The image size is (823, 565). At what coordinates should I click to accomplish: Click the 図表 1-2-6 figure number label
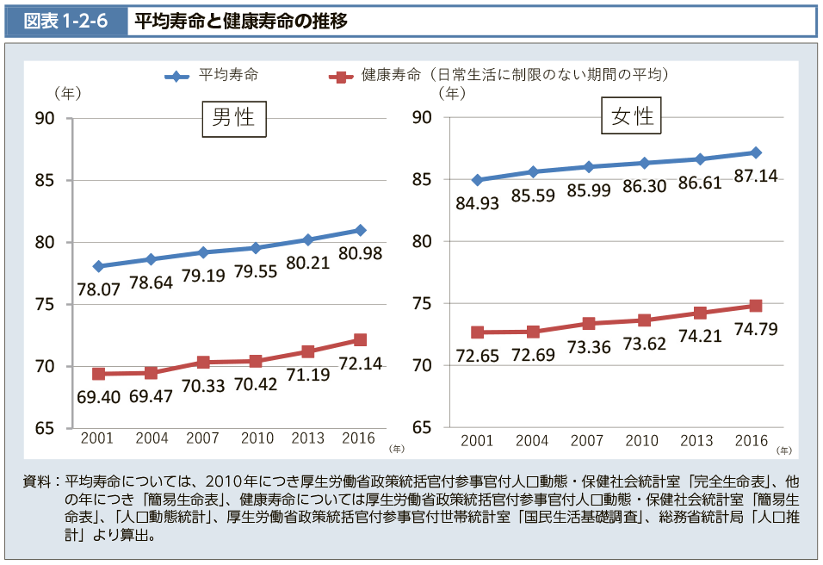(x=65, y=21)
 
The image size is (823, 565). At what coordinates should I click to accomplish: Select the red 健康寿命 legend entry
(x=499, y=76)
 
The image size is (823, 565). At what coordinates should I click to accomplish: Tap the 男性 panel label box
(x=233, y=118)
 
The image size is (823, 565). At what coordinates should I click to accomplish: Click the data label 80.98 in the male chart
(x=362, y=254)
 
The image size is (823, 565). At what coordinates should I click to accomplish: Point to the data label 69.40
(x=100, y=399)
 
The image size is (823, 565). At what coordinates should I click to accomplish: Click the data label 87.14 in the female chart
(x=755, y=176)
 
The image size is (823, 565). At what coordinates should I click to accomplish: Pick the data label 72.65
(x=479, y=356)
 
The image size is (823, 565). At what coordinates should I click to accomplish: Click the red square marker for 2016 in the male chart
(x=360, y=340)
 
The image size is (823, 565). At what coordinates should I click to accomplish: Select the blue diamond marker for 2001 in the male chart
(x=98, y=266)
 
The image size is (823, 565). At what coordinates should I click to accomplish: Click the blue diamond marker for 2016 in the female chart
(x=755, y=152)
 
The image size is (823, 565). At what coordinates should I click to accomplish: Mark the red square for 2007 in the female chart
(x=589, y=324)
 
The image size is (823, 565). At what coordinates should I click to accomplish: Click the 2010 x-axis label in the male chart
(x=257, y=438)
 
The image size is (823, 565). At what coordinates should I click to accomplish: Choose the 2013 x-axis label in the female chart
(x=696, y=440)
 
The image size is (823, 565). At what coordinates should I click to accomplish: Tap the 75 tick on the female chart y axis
(x=422, y=304)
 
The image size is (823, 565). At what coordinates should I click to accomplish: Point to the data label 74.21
(x=700, y=336)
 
